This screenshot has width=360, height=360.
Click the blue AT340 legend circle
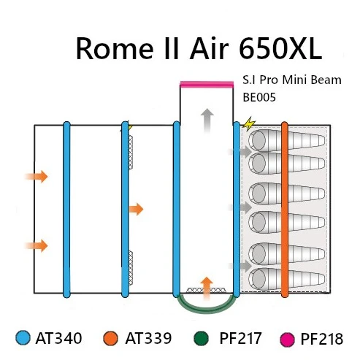coord(23,338)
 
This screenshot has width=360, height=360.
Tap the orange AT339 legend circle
coord(111,338)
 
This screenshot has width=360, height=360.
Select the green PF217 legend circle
coord(202,338)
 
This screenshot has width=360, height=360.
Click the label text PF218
coord(322,339)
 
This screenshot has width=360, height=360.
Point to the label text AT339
coord(148,338)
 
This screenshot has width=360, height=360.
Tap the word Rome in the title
coord(115,48)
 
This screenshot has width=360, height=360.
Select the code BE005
coord(259,97)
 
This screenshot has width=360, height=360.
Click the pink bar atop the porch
coord(207,84)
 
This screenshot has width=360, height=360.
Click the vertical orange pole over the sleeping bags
coord(285,210)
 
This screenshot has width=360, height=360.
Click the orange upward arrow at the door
coord(207,288)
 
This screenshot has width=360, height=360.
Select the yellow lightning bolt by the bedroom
coord(249,124)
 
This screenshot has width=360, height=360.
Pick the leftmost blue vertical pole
coord(66,210)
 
